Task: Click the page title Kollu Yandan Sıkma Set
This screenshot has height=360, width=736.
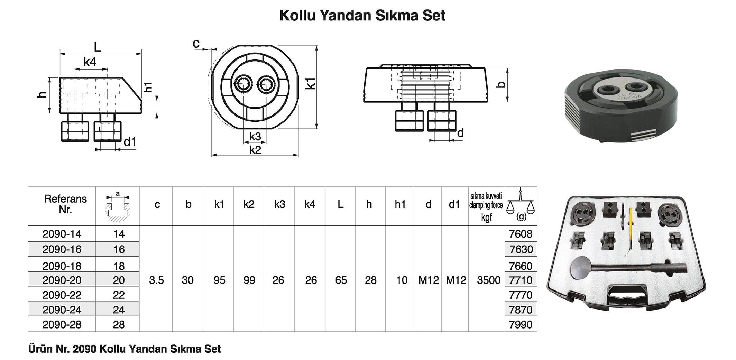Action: click(362, 16)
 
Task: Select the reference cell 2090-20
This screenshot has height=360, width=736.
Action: click(62, 280)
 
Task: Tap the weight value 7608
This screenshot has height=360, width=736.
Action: click(521, 234)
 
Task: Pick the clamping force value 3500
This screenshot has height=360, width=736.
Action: click(488, 280)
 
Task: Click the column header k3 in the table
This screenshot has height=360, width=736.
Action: click(279, 204)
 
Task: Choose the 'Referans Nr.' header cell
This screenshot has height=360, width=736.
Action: click(65, 204)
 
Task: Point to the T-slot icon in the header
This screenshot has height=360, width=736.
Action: click(118, 207)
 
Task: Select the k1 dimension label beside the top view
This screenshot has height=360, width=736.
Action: click(311, 84)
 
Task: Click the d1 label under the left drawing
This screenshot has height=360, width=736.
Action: click(130, 142)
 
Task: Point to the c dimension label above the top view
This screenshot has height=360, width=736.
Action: click(196, 44)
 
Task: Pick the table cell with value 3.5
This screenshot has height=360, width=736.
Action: click(156, 280)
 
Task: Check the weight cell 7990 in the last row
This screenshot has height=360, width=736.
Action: click(521, 324)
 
